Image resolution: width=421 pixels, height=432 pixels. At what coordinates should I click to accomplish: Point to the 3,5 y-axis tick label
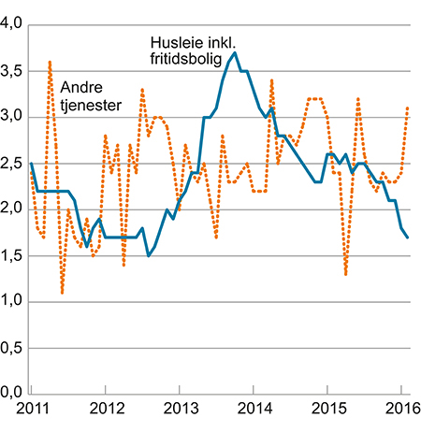(11, 71)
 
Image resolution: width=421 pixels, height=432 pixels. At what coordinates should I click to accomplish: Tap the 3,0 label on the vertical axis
(11, 117)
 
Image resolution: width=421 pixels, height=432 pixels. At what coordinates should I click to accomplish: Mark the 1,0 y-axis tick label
(11, 300)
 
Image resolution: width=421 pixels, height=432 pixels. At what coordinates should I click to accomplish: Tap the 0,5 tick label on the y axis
(11, 346)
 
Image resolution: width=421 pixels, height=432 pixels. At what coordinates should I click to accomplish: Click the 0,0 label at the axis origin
(11, 392)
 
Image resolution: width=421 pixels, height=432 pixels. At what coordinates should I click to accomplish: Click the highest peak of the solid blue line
(234, 53)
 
